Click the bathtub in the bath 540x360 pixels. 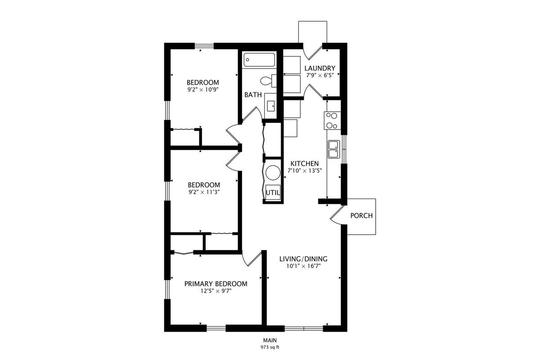click(x=259, y=60)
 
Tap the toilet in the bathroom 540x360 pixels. click(x=268, y=81)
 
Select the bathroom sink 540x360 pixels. click(x=271, y=106)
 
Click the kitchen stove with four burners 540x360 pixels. click(x=332, y=121)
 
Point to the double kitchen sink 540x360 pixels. click(x=333, y=149)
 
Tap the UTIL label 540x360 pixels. click(x=273, y=193)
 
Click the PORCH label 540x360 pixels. click(x=361, y=216)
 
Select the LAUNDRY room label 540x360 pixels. click(x=319, y=68)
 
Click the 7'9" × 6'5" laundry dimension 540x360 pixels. click(x=319, y=76)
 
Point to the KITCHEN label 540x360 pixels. click(x=305, y=164)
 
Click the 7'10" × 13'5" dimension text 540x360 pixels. click(x=305, y=171)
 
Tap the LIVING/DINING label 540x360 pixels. click(x=303, y=259)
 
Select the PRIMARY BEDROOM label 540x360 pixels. click(x=216, y=284)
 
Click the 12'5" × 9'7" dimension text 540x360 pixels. click(x=216, y=291)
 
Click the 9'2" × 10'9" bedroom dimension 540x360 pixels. click(x=203, y=90)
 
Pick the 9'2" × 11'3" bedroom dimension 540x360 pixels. click(x=204, y=192)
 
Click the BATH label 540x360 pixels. click(x=253, y=95)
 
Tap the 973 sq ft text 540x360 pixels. click(x=270, y=347)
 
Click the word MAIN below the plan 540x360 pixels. click(x=270, y=340)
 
